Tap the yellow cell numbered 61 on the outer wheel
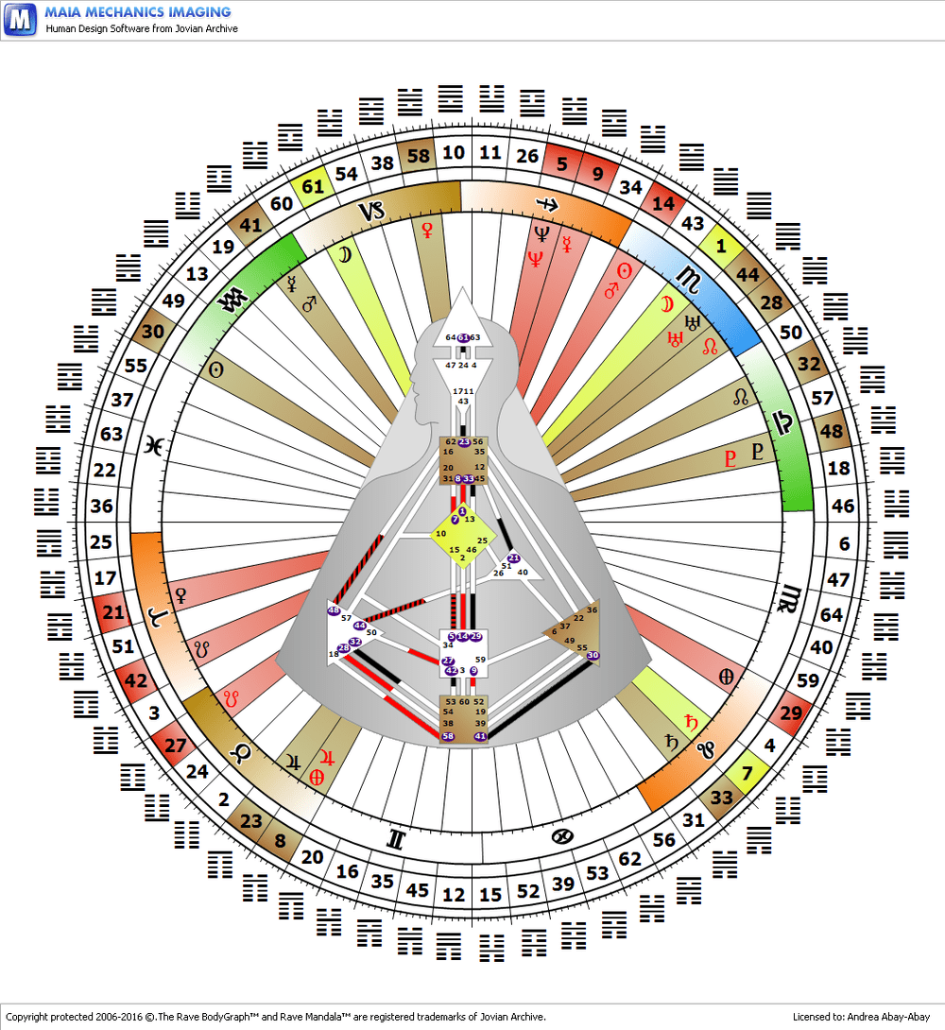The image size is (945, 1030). click(x=313, y=186)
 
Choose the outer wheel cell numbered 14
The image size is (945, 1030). click(x=663, y=202)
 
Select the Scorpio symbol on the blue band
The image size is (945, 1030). click(x=688, y=277)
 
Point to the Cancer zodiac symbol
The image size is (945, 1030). click(x=562, y=835)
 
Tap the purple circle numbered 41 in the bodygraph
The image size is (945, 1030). click(x=480, y=736)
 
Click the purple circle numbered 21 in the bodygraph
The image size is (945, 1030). click(x=514, y=558)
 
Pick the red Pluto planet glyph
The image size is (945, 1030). click(x=729, y=460)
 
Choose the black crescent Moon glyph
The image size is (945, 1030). click(x=343, y=253)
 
